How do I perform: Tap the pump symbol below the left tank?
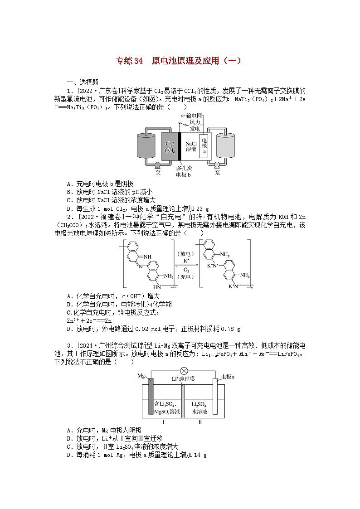point(157,165)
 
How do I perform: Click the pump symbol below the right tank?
point(217,165)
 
